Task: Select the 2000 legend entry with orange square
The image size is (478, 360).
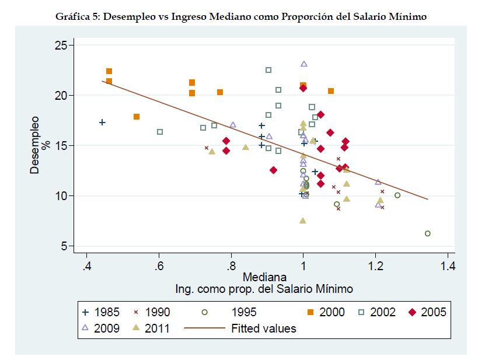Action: (322, 312)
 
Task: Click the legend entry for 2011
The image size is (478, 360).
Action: (151, 328)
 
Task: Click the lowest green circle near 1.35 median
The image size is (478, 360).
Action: (427, 233)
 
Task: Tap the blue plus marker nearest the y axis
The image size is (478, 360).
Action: (102, 123)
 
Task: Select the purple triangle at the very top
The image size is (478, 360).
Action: (303, 64)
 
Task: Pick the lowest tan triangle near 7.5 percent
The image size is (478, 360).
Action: (302, 221)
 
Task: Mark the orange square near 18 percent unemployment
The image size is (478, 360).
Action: (137, 117)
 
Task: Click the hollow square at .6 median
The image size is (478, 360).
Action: (160, 132)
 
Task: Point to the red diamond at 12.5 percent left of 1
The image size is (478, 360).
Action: (273, 170)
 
